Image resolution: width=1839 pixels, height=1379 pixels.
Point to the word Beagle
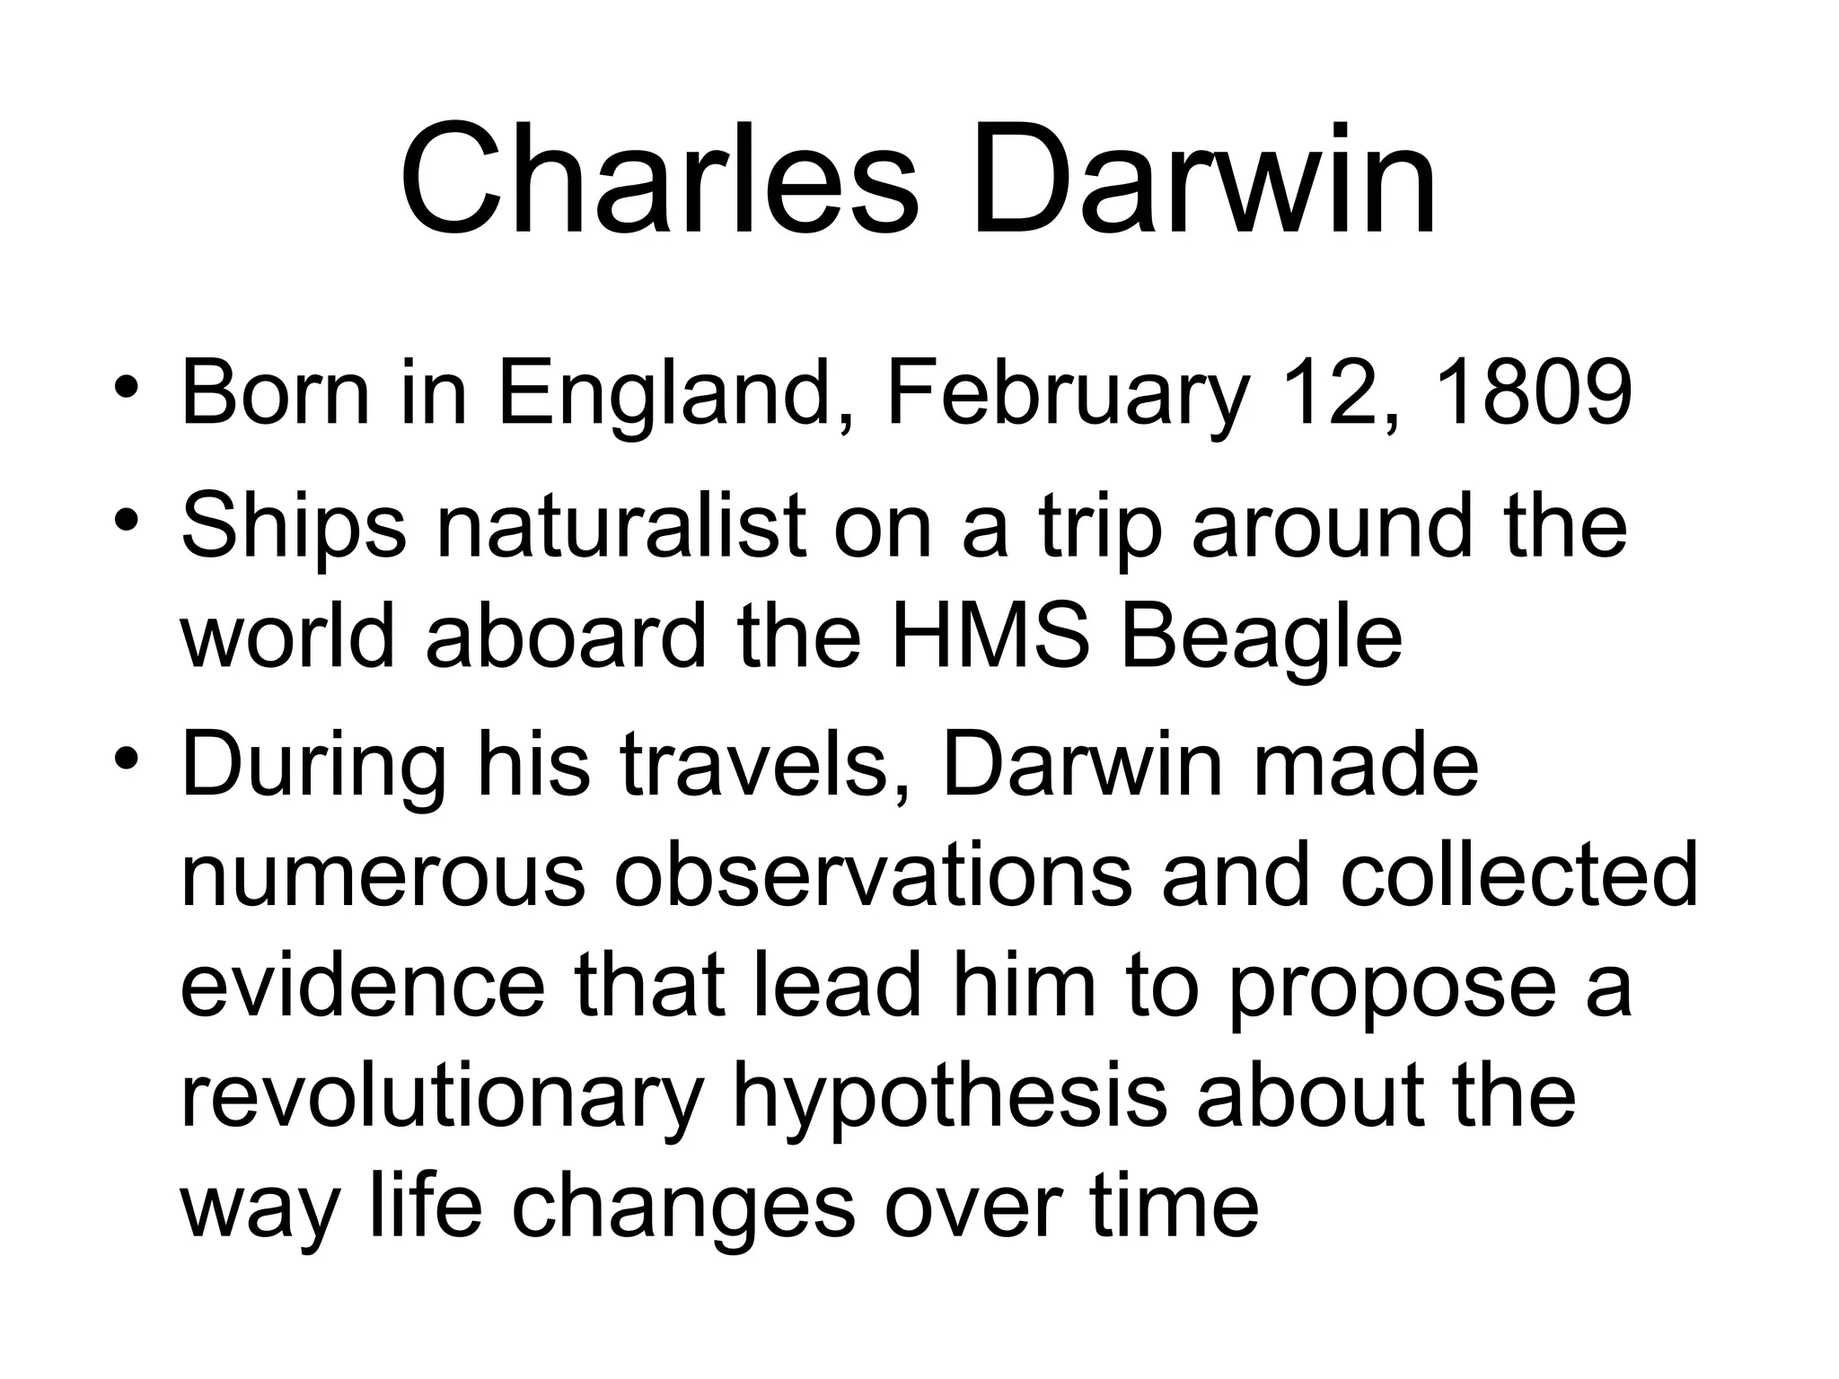point(1261,639)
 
